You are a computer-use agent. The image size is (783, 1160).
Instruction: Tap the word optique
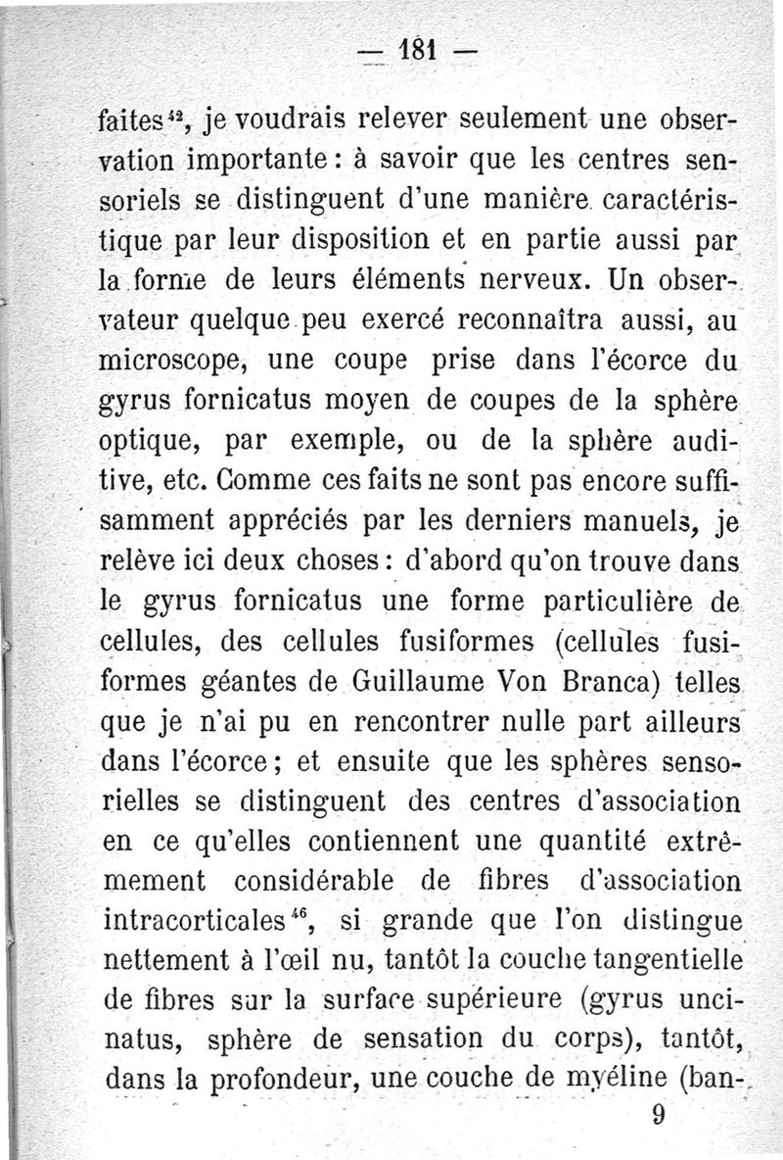pos(154,454)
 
